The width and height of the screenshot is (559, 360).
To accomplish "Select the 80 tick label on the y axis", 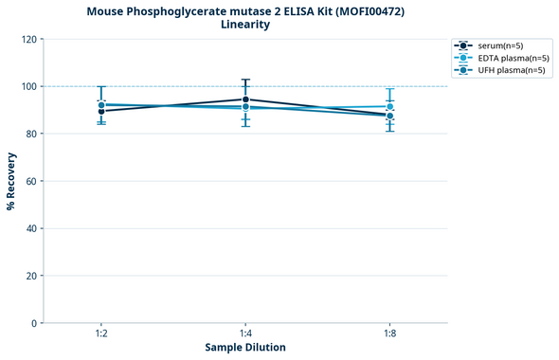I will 30,134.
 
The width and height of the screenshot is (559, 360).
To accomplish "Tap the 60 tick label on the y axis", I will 30,181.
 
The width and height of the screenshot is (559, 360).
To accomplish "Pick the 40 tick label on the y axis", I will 30,228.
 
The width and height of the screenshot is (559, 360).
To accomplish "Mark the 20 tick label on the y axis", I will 30,276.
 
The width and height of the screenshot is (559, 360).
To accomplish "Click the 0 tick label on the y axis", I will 33,323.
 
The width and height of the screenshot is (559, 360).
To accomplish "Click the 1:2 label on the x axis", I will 100,334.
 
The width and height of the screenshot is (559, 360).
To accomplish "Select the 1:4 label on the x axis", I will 245,334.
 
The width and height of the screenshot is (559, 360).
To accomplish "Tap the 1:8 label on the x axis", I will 389,334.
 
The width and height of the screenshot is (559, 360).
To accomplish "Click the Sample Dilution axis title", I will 245,348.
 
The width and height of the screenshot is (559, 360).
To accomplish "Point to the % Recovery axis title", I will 11,181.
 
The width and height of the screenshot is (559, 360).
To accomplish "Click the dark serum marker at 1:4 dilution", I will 245,99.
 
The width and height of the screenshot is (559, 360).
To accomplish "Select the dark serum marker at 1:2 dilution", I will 100,111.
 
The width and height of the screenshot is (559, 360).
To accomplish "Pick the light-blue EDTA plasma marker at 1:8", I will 389,106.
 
